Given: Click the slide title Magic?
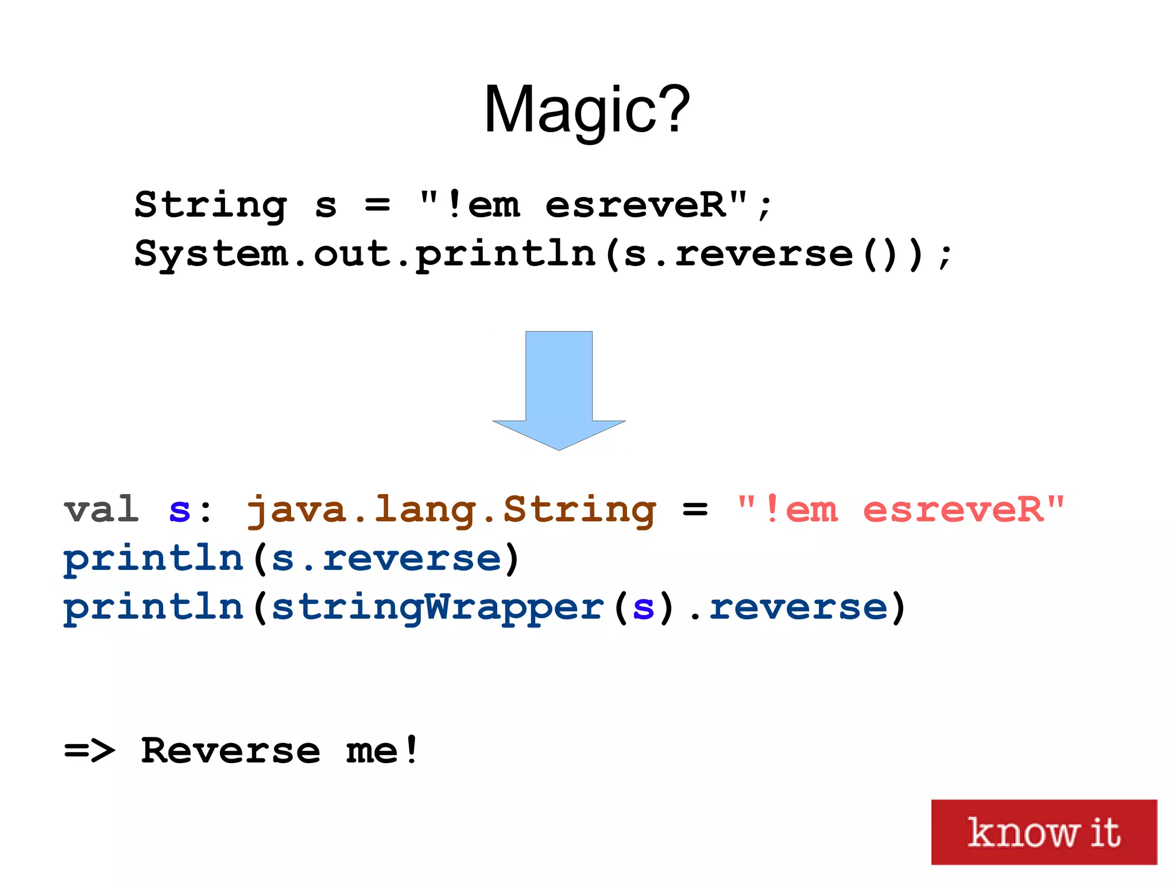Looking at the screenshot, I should click(587, 109).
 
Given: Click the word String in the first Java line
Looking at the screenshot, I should click(210, 205).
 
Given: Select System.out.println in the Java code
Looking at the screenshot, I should click(365, 253).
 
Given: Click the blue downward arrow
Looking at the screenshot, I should click(559, 391).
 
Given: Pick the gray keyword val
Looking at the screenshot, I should click(101, 509).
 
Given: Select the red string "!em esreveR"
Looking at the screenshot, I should click(900, 509).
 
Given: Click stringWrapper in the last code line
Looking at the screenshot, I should click(438, 607).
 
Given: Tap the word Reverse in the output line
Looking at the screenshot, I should click(230, 750).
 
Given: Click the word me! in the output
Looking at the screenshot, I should click(382, 750).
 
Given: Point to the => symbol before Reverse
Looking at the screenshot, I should click(89, 750).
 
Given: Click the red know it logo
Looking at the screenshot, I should click(1043, 831).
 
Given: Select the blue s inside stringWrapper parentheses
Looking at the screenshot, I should click(643, 608).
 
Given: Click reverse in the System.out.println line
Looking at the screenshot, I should click(764, 253).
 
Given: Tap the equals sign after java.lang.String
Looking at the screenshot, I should click(695, 510).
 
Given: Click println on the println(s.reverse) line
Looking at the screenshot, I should click(153, 559).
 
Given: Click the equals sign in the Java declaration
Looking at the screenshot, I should click(377, 205).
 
